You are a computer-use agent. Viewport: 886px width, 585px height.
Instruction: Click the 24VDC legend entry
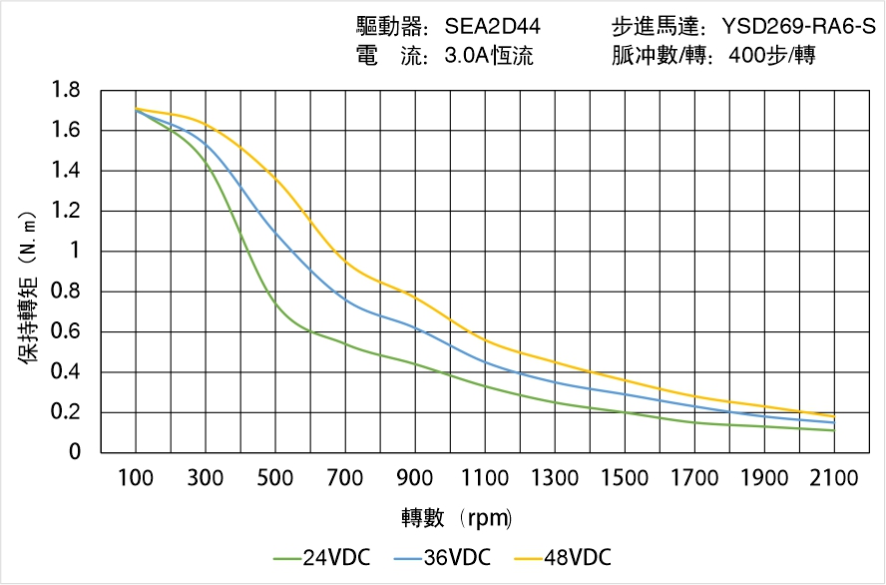point(320,557)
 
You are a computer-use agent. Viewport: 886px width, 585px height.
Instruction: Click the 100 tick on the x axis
point(136,478)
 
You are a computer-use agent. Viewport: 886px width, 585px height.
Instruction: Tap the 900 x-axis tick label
point(415,478)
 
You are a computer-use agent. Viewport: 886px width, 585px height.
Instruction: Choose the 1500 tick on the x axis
point(625,478)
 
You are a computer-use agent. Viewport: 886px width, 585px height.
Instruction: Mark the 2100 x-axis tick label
point(834,478)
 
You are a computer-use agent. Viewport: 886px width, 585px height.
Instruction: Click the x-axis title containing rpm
point(457,517)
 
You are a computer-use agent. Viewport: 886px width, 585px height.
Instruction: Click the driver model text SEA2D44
point(493,27)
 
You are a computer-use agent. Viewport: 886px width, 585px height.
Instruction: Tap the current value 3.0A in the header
point(463,56)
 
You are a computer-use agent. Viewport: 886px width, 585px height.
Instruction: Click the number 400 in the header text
point(748,56)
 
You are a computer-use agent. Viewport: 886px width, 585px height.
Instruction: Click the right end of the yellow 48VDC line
point(834,416)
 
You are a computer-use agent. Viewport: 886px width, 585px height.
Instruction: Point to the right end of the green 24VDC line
point(834,430)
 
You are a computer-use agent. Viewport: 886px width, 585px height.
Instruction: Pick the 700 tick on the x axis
point(345,478)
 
